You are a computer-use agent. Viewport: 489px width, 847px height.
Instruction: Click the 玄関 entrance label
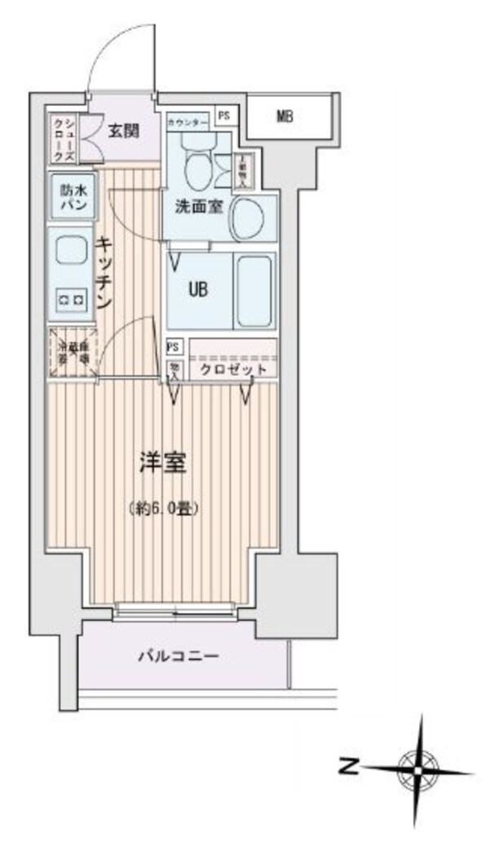(125, 129)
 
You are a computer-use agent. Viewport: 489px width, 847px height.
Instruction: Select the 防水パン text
(71, 197)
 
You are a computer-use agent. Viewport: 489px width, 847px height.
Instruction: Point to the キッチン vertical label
(104, 272)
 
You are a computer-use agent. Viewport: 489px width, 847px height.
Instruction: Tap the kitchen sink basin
(70, 251)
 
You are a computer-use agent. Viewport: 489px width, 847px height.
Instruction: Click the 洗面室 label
(198, 206)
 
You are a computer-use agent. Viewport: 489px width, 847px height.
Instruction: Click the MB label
(284, 116)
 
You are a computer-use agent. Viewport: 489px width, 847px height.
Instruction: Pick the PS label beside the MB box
(223, 116)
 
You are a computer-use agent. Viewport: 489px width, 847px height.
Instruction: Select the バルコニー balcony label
(177, 656)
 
